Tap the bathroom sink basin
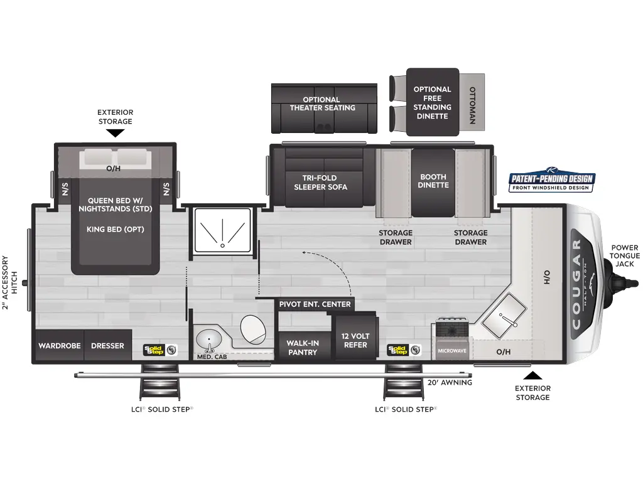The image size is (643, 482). (208, 340)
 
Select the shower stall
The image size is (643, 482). (222, 231)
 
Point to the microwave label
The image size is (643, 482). (451, 350)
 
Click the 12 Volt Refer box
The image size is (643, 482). (355, 340)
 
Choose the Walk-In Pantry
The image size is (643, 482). (302, 347)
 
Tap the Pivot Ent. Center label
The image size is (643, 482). (315, 304)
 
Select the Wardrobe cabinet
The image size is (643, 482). (58, 346)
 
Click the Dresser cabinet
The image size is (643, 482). (107, 346)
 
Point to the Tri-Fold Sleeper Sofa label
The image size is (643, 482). (324, 182)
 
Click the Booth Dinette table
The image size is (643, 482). (433, 181)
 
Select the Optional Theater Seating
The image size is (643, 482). (323, 108)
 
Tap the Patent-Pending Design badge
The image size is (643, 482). (552, 182)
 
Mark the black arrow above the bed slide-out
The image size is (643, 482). (114, 133)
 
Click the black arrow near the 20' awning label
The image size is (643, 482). (532, 375)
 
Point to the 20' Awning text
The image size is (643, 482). (449, 382)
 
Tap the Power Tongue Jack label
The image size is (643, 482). (625, 255)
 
